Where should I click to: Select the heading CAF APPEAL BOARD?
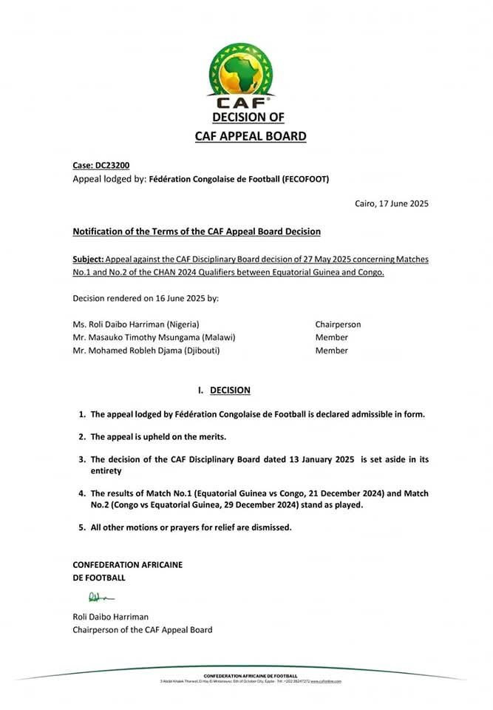(x=250, y=136)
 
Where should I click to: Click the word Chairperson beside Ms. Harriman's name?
(x=338, y=324)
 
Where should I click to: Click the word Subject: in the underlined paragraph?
(x=88, y=260)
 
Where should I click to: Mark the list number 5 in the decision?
(x=81, y=527)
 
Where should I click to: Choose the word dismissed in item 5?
(x=271, y=527)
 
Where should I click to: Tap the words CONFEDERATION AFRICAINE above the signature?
(x=127, y=564)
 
